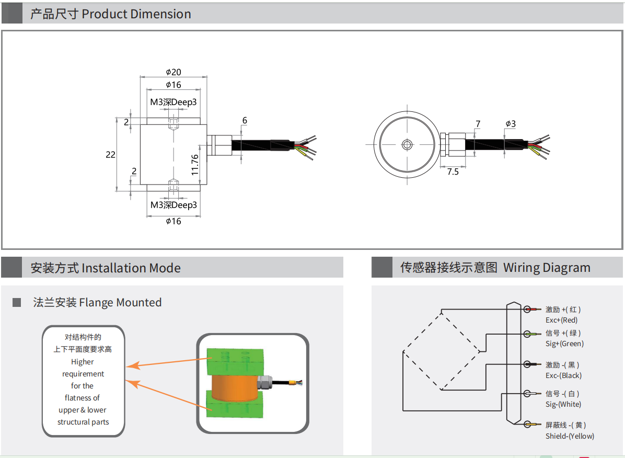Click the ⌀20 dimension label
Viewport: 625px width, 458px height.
click(173, 72)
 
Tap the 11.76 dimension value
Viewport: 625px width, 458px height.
click(194, 164)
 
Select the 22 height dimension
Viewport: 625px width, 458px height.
click(110, 155)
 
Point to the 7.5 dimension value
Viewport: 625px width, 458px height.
click(453, 171)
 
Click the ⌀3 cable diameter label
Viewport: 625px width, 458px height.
click(511, 124)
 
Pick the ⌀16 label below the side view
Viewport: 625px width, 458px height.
click(173, 221)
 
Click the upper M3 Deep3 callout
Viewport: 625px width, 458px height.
click(173, 102)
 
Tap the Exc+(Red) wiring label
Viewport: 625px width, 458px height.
click(561, 320)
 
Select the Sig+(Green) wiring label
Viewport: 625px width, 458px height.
click(564, 344)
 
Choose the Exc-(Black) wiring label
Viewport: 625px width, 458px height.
click(563, 375)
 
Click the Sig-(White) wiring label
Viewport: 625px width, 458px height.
click(563, 404)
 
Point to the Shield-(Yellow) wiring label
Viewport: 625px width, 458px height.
click(570, 436)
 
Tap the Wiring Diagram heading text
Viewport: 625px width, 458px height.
click(547, 268)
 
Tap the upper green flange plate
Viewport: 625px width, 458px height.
click(236, 361)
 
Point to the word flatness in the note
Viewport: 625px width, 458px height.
click(83, 398)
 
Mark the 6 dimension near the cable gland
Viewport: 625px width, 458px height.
click(245, 121)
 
